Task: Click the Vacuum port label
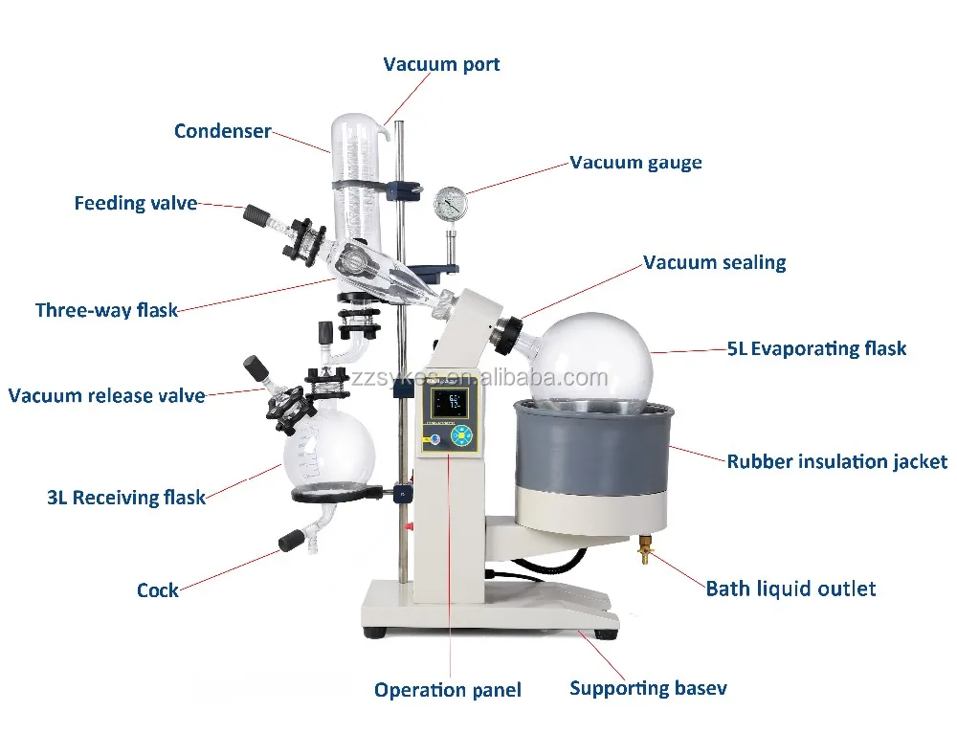(x=441, y=65)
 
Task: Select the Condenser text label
(x=222, y=132)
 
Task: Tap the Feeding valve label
(x=135, y=204)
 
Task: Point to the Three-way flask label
(x=106, y=310)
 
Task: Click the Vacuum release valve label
(x=106, y=395)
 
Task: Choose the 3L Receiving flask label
(x=126, y=498)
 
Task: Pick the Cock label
(x=158, y=589)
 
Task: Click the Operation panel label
(x=447, y=690)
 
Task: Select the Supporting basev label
(x=648, y=688)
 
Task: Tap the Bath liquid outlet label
(x=790, y=589)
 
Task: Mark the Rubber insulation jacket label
(x=836, y=462)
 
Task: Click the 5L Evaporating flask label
(x=816, y=349)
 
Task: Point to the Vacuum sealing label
(x=714, y=263)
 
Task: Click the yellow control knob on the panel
(x=463, y=436)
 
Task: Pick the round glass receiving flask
(x=328, y=455)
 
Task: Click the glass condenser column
(x=356, y=182)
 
